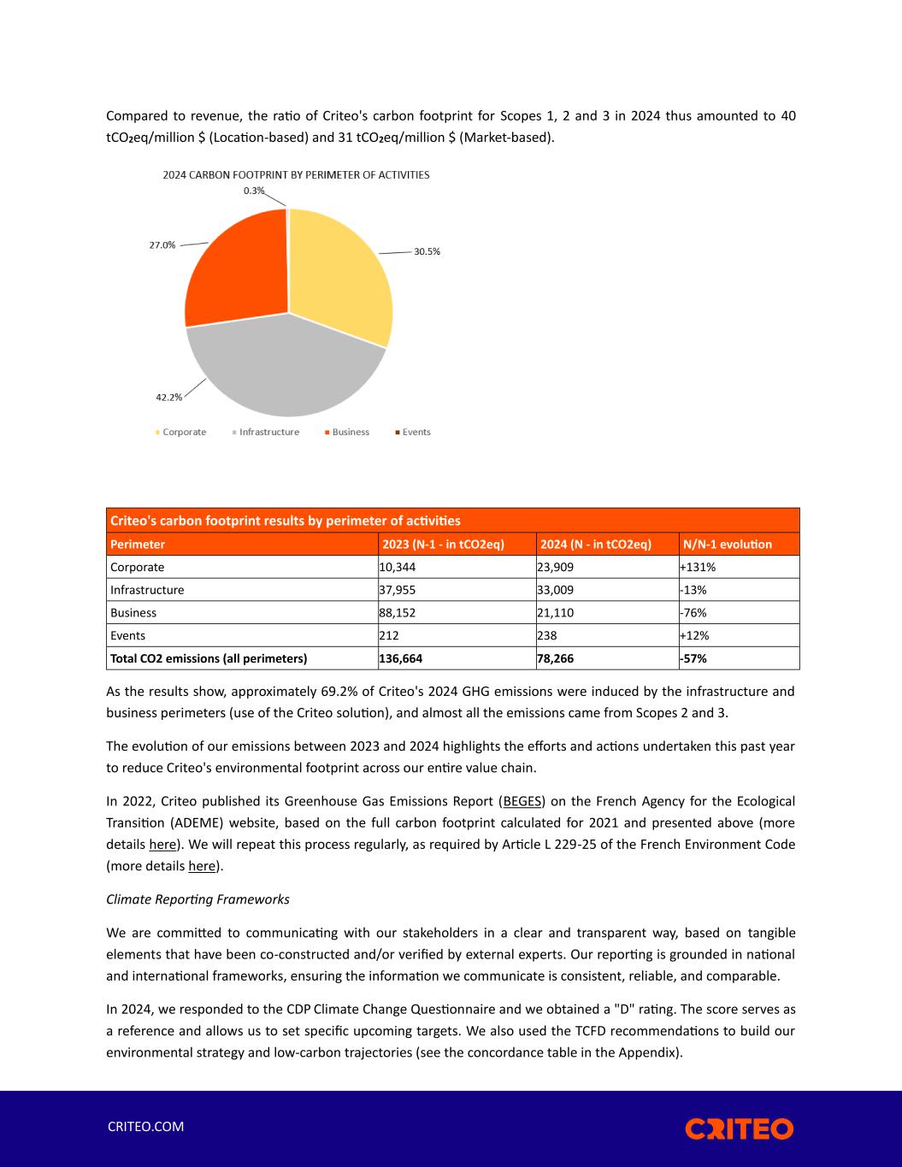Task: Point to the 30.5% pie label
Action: click(x=427, y=252)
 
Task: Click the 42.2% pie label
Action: click(x=168, y=397)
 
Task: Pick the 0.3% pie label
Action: click(x=254, y=191)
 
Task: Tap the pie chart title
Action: click(x=296, y=174)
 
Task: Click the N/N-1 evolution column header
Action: click(x=727, y=545)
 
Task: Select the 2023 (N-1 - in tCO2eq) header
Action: click(x=443, y=545)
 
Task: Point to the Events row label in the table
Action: click(x=128, y=636)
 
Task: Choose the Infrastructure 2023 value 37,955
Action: click(x=398, y=590)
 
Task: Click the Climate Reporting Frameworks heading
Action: click(x=197, y=899)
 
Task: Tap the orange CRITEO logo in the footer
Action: click(x=739, y=1129)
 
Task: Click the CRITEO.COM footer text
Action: click(x=145, y=1127)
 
